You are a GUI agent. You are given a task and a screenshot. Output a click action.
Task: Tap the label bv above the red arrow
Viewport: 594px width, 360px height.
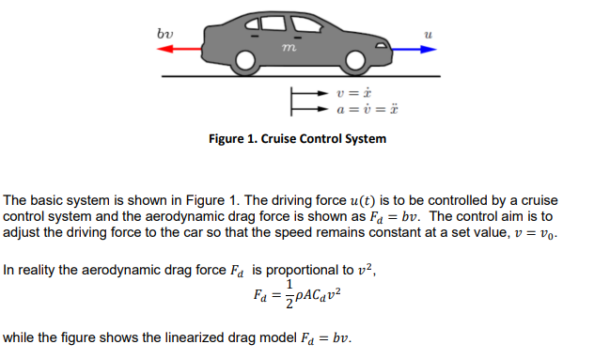[164, 35]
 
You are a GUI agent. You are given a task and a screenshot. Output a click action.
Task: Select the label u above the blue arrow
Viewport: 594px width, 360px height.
[428, 35]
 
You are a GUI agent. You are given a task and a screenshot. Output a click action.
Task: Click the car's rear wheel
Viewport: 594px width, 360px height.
[246, 62]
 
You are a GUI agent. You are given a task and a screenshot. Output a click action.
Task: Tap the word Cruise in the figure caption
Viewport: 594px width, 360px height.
[281, 139]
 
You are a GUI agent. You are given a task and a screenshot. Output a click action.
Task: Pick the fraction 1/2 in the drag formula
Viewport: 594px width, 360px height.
[290, 292]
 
